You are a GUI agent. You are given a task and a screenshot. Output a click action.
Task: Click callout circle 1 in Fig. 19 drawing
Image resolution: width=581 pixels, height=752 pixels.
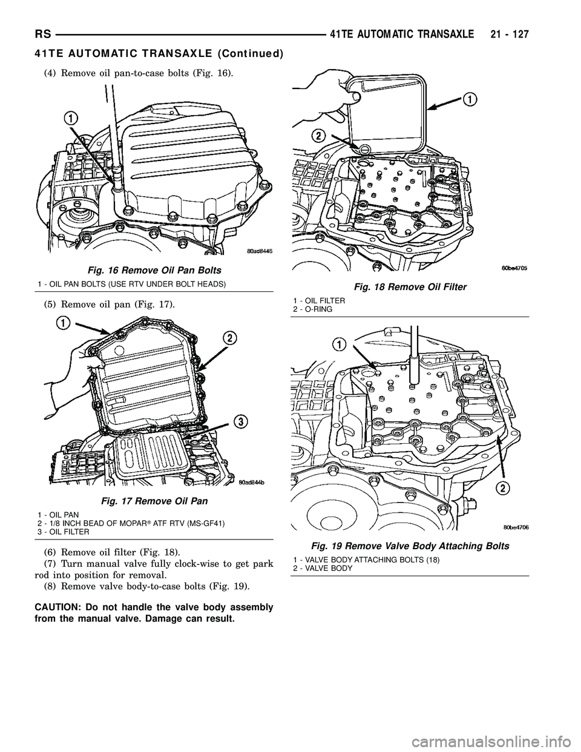340,343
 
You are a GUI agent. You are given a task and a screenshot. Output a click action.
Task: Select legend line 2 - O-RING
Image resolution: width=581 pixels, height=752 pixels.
312,309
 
